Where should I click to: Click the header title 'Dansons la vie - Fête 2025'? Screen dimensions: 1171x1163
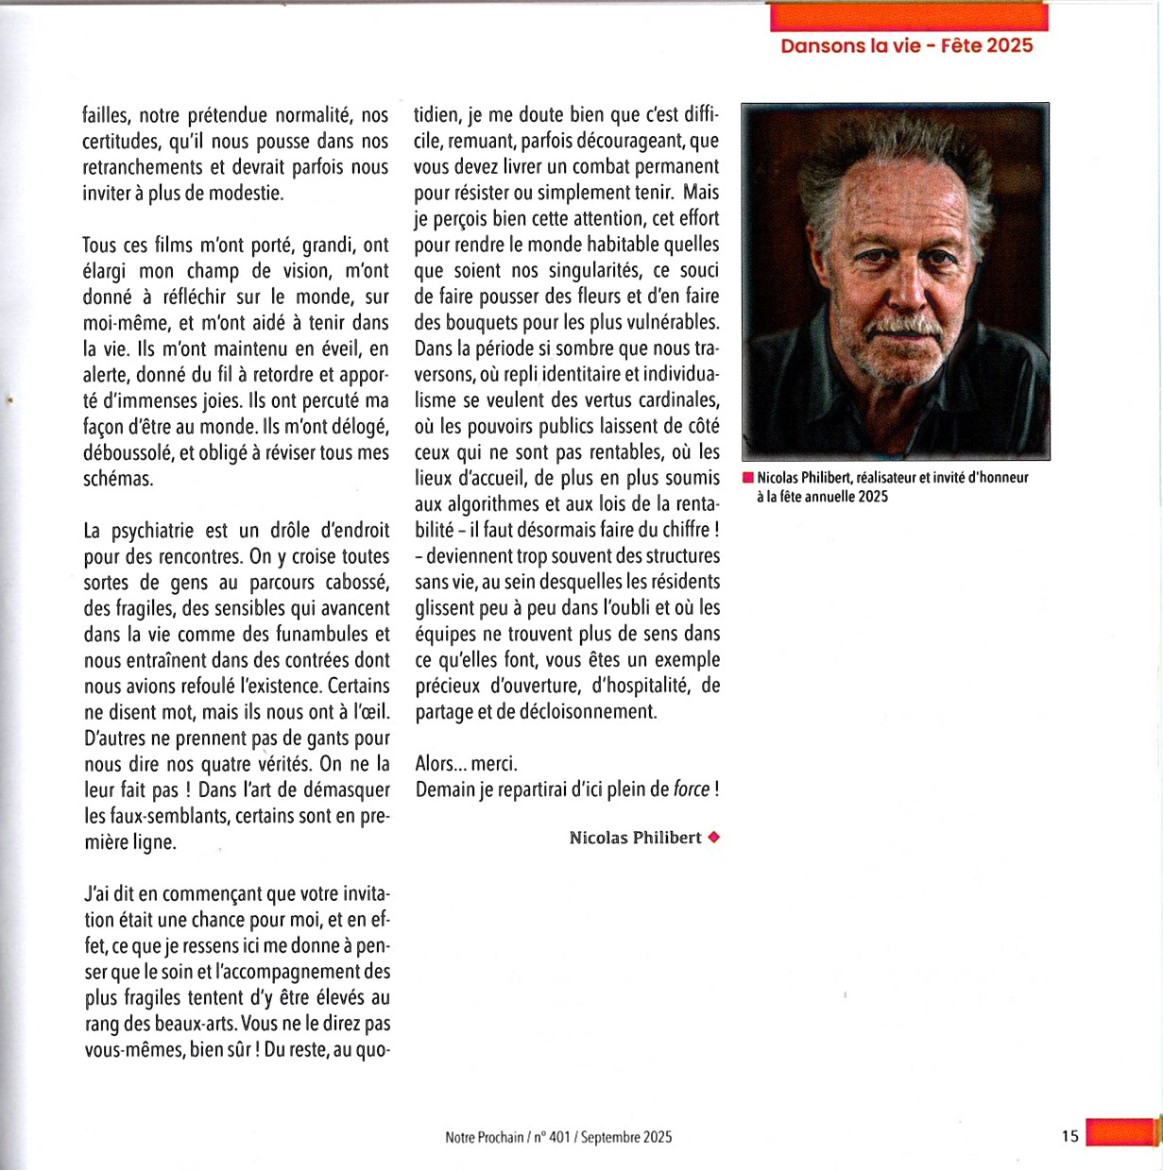[906, 45]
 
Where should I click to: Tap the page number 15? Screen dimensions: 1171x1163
[1069, 1136]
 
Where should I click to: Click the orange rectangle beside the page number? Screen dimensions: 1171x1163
[1121, 1132]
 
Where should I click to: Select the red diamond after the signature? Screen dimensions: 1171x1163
[714, 837]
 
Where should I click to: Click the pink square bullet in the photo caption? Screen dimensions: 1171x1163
[747, 478]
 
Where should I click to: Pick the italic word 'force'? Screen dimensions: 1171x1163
[691, 789]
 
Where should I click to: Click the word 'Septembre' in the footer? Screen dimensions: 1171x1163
[610, 1137]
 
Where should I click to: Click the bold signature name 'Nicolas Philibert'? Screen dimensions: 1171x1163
[635, 838]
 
